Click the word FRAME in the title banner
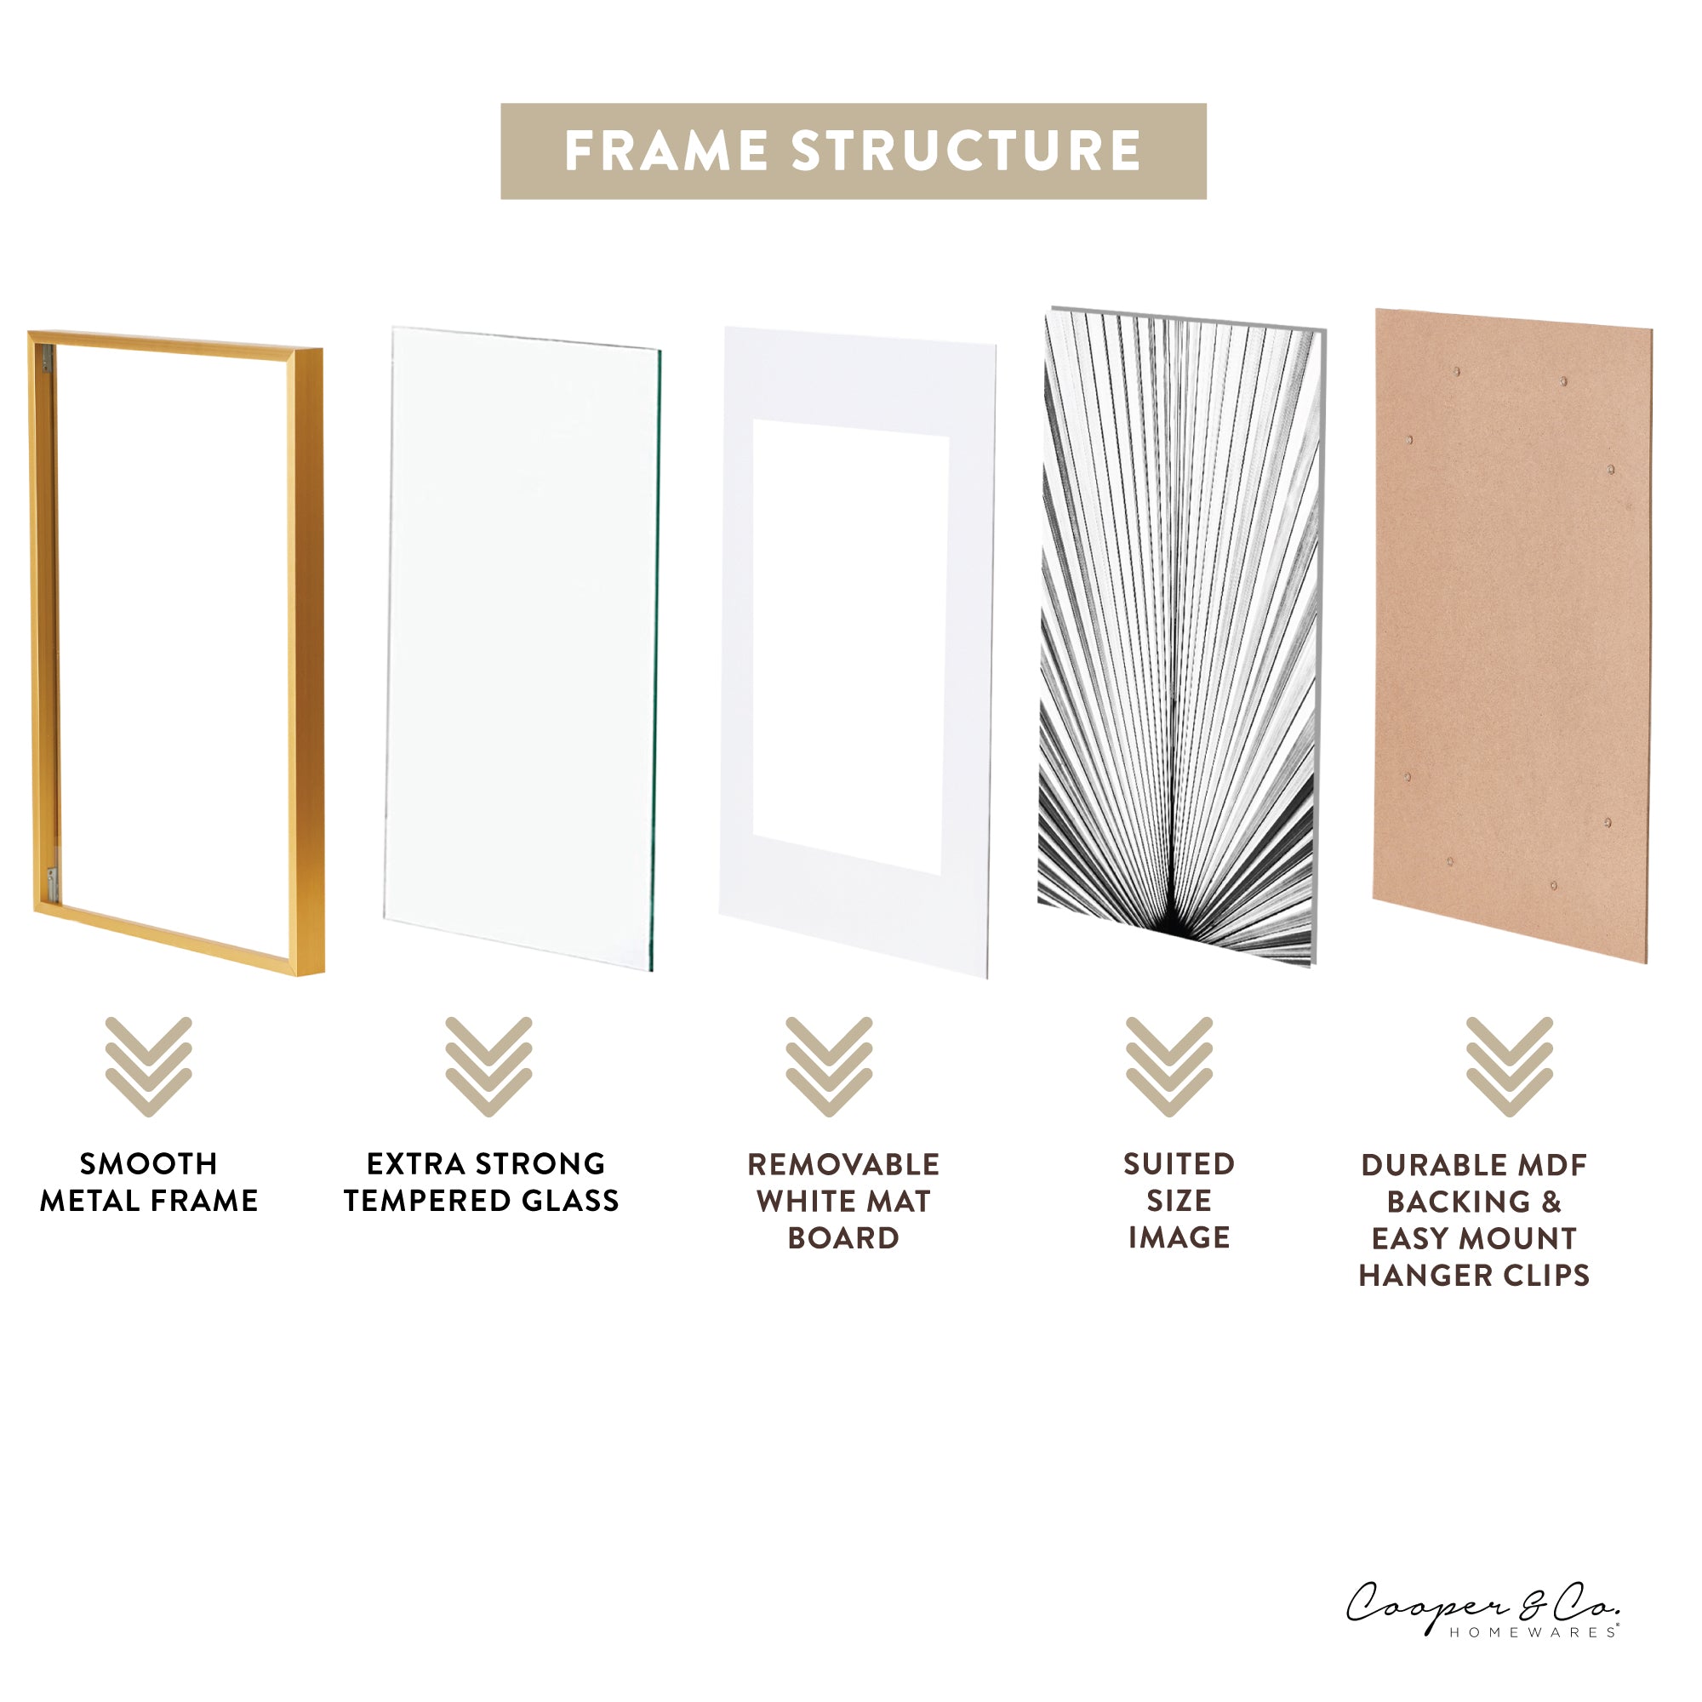coord(665,151)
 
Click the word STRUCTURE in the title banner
coord(967,151)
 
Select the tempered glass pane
coord(523,648)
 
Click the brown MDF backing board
coord(1511,634)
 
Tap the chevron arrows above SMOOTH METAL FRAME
coord(148,1067)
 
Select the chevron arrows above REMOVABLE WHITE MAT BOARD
coord(829,1067)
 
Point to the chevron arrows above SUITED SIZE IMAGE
coord(1169,1067)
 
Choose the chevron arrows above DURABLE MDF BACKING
coord(1509,1067)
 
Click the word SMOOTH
coord(148,1163)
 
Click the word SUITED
coord(1179,1163)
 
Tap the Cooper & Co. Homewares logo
coord(1482,1609)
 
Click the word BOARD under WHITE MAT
coord(843,1237)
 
